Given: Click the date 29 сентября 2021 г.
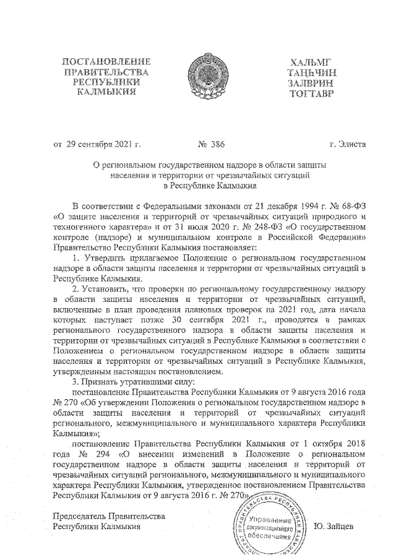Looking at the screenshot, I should pos(103,145).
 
